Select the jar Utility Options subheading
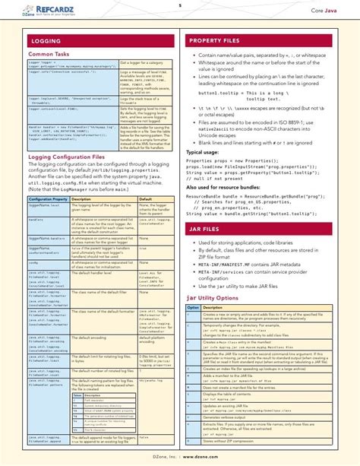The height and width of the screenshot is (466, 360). [221, 299]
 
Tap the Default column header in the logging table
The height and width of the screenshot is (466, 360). [145, 198]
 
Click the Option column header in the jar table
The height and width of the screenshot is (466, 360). [192, 307]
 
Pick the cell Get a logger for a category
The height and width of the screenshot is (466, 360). [139, 63]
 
